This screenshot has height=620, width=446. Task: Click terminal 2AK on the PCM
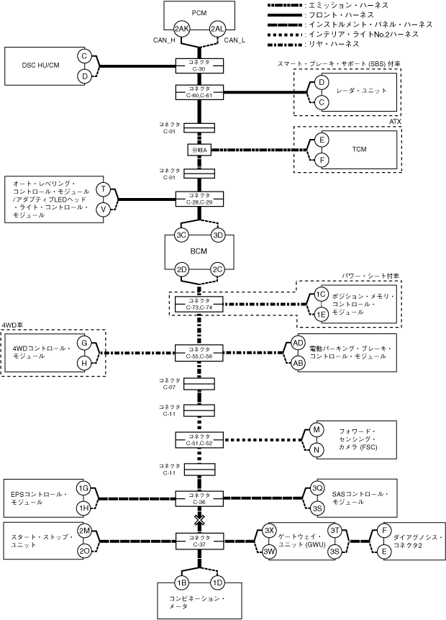(182, 29)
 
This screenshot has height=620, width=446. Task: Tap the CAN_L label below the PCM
(235, 40)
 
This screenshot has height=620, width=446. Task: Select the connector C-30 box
(199, 66)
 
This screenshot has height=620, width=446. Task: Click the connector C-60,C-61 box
(199, 92)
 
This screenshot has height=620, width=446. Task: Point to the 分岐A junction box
(199, 150)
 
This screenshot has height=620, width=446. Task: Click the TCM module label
(359, 150)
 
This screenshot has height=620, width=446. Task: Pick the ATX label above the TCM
(395, 122)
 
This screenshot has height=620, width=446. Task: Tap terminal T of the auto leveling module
(104, 189)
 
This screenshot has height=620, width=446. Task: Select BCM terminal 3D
(218, 235)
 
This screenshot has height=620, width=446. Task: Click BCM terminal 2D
(182, 269)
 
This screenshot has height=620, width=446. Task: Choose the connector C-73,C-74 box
(199, 304)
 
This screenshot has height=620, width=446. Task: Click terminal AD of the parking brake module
(298, 343)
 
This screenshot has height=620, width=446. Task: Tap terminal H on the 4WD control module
(84, 363)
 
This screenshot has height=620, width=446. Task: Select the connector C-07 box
(199, 384)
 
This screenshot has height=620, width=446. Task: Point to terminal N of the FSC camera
(317, 450)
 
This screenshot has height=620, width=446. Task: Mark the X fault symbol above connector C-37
(199, 520)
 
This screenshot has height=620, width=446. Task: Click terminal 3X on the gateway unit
(269, 531)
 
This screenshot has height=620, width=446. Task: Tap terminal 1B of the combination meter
(182, 583)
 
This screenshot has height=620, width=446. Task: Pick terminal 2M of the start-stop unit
(84, 531)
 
